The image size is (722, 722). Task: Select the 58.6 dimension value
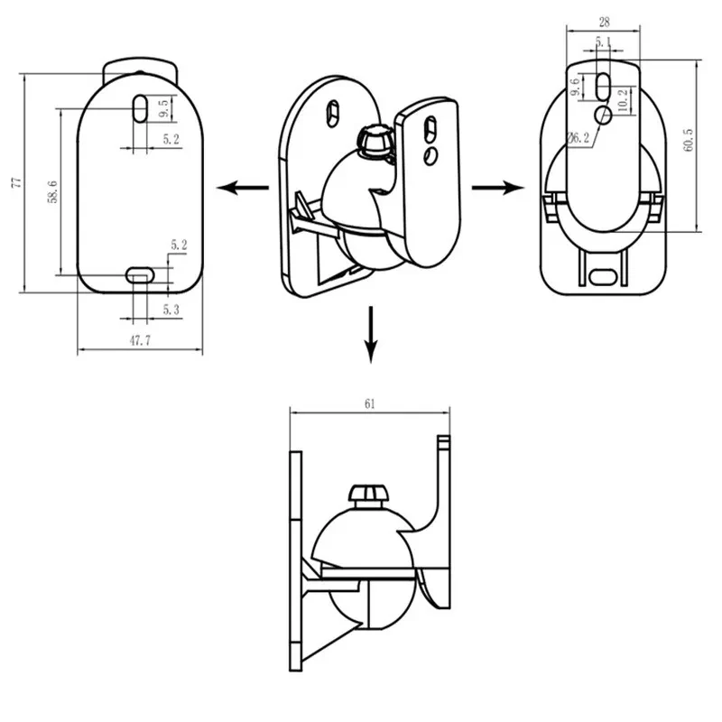[53, 191]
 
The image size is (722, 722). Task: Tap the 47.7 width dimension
[139, 341]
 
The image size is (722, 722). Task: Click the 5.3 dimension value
[171, 310]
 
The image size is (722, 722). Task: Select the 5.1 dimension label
[603, 42]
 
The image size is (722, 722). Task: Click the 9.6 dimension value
[575, 88]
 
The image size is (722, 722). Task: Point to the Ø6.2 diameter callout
[579, 138]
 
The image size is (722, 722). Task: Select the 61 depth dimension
[369, 404]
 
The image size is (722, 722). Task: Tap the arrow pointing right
[497, 187]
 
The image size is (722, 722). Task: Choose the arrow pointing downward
[370, 334]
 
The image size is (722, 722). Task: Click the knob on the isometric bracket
[374, 141]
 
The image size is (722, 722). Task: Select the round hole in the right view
[604, 113]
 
